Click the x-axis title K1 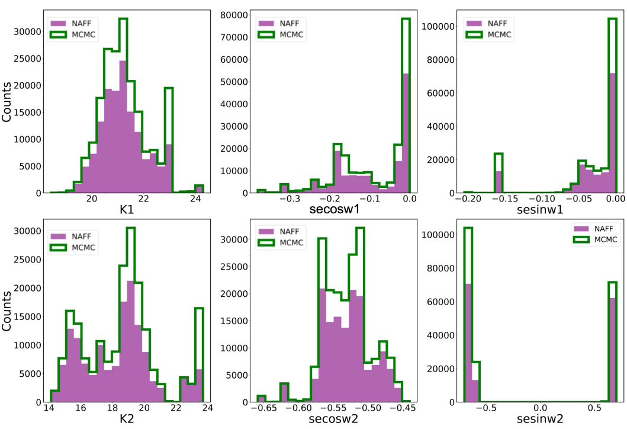pos(127,209)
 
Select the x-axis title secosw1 pos(335,209)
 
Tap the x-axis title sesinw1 pos(540,209)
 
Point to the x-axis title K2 pos(127,418)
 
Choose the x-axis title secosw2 pos(333,418)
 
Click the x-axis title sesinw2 pos(540,418)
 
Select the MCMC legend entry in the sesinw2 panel pos(596,240)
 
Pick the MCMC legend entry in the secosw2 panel pos(281,243)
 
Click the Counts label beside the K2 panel pos(7,311)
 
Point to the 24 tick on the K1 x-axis pos(195,199)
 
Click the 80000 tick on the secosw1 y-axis pos(234,15)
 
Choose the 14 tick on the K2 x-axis pos(49,408)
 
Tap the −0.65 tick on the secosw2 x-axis pos(263,408)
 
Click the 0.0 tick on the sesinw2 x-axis pos(540,408)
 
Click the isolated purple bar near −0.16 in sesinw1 pos(499,182)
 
